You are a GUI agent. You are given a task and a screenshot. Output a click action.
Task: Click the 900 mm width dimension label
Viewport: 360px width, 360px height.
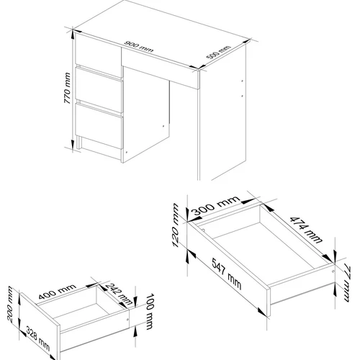pos(139,47)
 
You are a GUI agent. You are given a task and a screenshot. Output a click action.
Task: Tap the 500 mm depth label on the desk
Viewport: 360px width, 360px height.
pos(218,52)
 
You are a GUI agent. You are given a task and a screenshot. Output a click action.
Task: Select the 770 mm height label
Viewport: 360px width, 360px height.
pos(68,88)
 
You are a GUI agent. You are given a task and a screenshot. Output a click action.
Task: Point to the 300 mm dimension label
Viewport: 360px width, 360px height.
pos(216,205)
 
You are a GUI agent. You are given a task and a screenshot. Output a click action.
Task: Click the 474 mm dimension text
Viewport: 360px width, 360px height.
pos(306,230)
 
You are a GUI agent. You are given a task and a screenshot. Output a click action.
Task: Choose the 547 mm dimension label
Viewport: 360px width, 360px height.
pos(227,274)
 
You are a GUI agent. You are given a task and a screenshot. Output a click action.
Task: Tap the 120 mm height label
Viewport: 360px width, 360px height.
pos(176,225)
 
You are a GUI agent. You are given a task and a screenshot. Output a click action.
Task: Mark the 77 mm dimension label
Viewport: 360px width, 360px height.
pos(347,282)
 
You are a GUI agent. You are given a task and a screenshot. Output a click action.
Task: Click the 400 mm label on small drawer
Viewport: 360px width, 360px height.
pos(57,292)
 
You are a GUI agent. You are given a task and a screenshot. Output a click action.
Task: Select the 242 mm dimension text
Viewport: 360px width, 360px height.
pos(119,294)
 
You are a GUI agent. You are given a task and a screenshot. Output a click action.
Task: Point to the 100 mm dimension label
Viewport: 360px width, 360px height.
pos(150,312)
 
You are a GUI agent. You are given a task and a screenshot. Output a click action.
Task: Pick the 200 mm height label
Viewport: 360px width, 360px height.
pos(10,304)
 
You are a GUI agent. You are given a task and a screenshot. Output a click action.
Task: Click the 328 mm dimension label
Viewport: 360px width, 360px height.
pos(37,338)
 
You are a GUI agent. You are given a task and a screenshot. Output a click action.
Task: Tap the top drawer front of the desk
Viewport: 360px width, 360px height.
pos(98,55)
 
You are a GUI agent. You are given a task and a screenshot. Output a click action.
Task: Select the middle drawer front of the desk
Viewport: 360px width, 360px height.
pos(99,90)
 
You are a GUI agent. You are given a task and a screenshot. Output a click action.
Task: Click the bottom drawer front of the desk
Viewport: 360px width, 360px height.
pos(99,125)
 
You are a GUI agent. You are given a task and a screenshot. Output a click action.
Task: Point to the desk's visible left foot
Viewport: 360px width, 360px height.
pos(78,143)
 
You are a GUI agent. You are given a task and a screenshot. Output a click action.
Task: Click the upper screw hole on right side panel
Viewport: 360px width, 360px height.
pos(242,81)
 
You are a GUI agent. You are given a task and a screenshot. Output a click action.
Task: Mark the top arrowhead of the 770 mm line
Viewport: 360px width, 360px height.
pos(73,34)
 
